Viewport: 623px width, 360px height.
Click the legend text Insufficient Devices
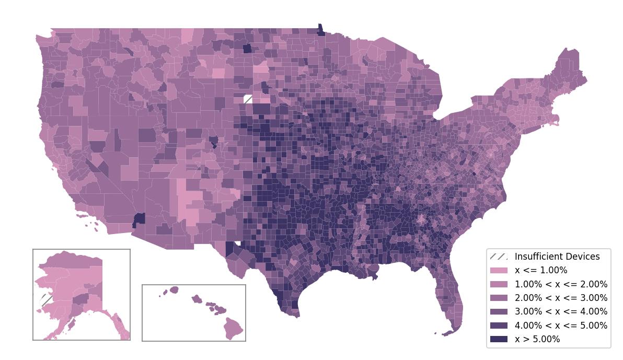557,257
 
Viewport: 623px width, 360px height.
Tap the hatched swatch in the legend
499,257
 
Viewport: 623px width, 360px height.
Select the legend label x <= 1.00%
541,270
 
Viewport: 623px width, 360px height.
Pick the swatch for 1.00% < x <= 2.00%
499,284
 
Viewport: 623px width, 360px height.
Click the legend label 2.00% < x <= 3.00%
561,298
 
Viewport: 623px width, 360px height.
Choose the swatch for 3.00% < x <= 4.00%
499,311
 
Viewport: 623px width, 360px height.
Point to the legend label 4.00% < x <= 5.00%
561,326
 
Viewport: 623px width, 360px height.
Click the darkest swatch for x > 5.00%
499,339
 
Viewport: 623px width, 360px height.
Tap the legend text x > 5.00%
537,339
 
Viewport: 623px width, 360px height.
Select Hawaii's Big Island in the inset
234,328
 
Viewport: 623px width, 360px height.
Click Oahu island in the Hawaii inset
197,299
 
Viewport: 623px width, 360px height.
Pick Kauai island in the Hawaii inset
174,289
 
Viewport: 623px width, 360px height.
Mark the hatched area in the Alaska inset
46,300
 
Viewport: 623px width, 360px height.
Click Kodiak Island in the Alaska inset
71,324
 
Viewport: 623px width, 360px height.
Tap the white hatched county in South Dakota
248,99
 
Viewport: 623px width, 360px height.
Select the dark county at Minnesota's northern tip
320,30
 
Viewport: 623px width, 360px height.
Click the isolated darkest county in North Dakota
247,49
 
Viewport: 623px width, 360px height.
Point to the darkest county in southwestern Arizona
139,219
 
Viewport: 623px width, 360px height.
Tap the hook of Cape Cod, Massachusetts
557,121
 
